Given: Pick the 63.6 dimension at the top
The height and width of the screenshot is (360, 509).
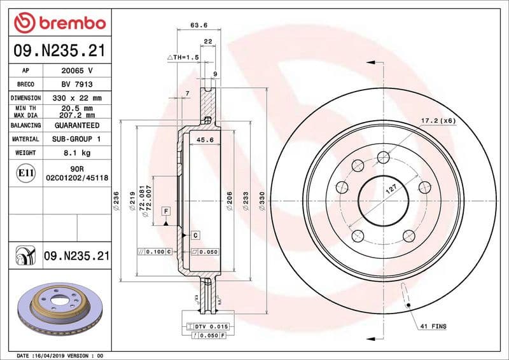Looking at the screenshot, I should coord(199,26).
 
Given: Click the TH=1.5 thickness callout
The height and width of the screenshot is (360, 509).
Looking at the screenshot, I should coord(183,57).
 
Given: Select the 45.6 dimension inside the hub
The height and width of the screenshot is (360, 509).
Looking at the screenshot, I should coord(204,139).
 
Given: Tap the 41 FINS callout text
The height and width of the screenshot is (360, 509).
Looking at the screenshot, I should coord(433,326).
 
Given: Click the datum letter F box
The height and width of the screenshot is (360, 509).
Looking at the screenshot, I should coord(165,210).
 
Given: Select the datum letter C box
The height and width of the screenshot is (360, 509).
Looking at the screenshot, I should coord(195,235).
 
